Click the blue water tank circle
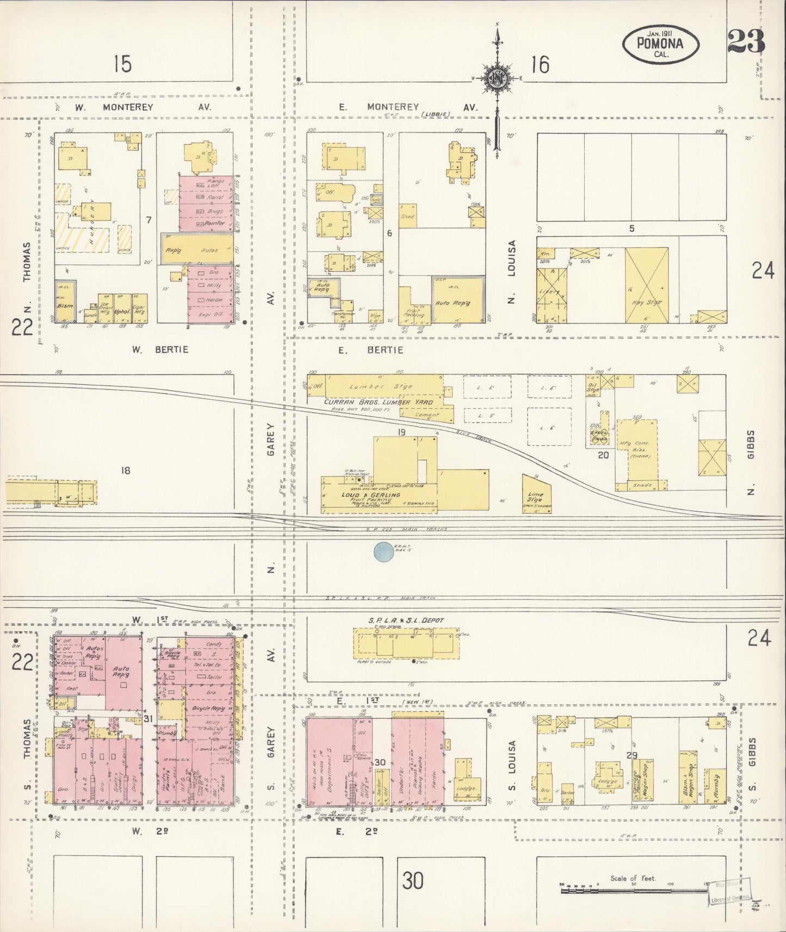pyautogui.click(x=385, y=552)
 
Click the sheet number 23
pyautogui.click(x=746, y=42)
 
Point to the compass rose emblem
pyautogui.click(x=496, y=78)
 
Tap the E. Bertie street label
pyautogui.click(x=370, y=350)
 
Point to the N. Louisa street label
pyautogui.click(x=511, y=272)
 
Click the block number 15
pyautogui.click(x=122, y=64)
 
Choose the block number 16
pyautogui.click(x=540, y=65)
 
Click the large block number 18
pyautogui.click(x=126, y=470)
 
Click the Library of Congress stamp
pyautogui.click(x=729, y=893)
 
